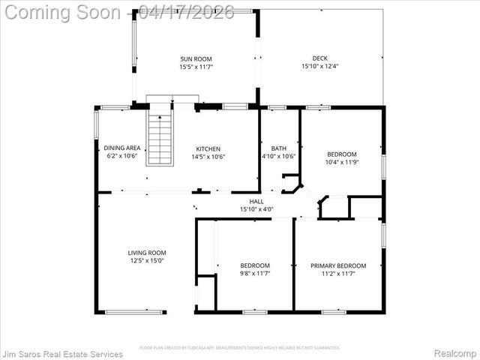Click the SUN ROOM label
coord(196,58)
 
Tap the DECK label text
coord(320,58)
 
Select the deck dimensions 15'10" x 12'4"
coord(320,67)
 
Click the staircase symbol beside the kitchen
coord(160,138)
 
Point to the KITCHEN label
coord(208,148)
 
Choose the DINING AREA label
coord(121,148)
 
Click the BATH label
coord(279,148)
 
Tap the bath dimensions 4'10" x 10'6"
coord(279,156)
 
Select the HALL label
coord(256,201)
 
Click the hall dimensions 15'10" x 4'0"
coord(256,209)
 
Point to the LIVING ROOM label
coord(147,253)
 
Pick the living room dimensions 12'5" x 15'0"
coord(147,261)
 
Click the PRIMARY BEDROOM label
coord(338,265)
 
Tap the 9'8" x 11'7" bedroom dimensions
coord(255,274)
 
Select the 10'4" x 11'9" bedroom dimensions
coord(341,162)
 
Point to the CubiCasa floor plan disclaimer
coord(240,347)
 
